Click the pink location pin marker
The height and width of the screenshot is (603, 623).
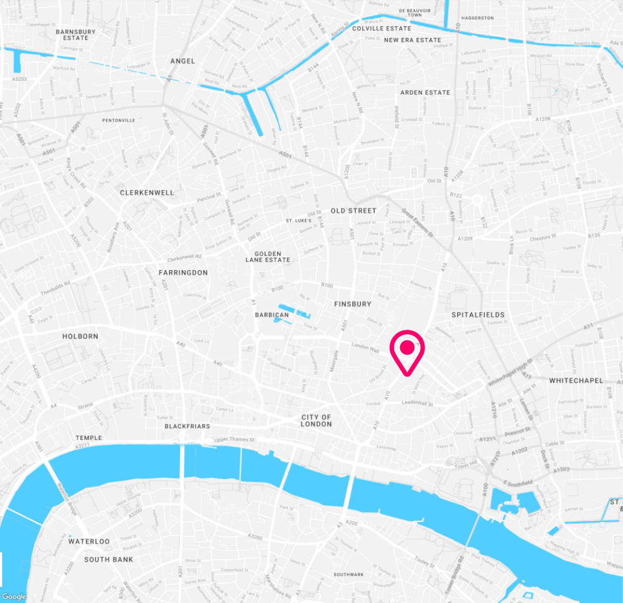pos(406,350)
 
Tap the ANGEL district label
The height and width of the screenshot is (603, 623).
pos(182,61)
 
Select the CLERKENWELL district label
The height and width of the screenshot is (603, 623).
pos(147,193)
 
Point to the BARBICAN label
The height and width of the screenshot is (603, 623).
pos(272,315)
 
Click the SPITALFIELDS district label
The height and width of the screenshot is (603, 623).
pos(478,315)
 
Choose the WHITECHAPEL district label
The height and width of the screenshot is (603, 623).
pos(576,380)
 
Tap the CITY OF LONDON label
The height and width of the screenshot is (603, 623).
pos(316,420)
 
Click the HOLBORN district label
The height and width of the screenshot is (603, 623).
pos(80,336)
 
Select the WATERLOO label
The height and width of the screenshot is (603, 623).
pos(89,541)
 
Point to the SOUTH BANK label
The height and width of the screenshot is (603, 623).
pos(109,559)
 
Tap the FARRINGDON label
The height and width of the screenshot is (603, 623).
pos(183,273)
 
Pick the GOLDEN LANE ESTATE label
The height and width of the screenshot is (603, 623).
pos(268,257)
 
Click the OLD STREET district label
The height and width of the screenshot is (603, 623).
pos(354,211)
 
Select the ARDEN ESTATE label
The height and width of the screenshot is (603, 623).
pos(425,93)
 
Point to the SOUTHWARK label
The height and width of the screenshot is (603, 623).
pos(348,574)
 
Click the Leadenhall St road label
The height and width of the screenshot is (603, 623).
pos(416,403)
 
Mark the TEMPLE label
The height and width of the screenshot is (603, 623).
pos(88,438)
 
